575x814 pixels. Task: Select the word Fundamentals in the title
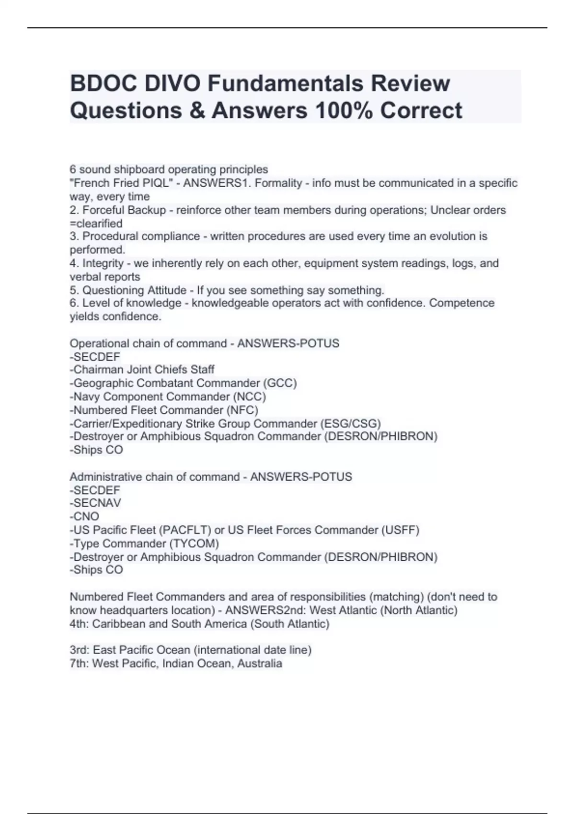point(285,83)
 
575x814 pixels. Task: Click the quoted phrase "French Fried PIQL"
point(122,183)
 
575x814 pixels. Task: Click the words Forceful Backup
point(124,210)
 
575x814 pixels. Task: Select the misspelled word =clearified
point(96,223)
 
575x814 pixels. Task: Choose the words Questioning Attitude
point(134,290)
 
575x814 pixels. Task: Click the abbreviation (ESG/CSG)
point(350,423)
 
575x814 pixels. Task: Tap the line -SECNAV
point(95,503)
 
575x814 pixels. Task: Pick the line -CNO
point(84,516)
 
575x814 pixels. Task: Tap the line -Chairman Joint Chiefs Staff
point(142,369)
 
